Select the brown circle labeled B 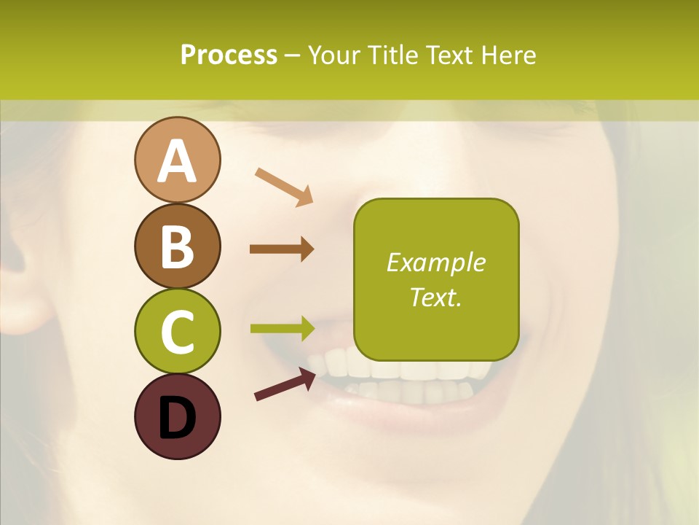click(x=177, y=246)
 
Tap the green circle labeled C click(x=177, y=331)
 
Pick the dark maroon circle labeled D click(x=177, y=416)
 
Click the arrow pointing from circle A click(x=284, y=186)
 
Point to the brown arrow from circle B click(x=282, y=249)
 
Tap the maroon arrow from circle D click(x=285, y=384)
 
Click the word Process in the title click(x=229, y=55)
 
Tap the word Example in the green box click(x=435, y=262)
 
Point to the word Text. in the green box click(x=435, y=297)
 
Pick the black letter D click(x=177, y=417)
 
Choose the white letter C click(x=177, y=332)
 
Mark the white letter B click(x=177, y=246)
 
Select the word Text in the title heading click(x=446, y=55)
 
